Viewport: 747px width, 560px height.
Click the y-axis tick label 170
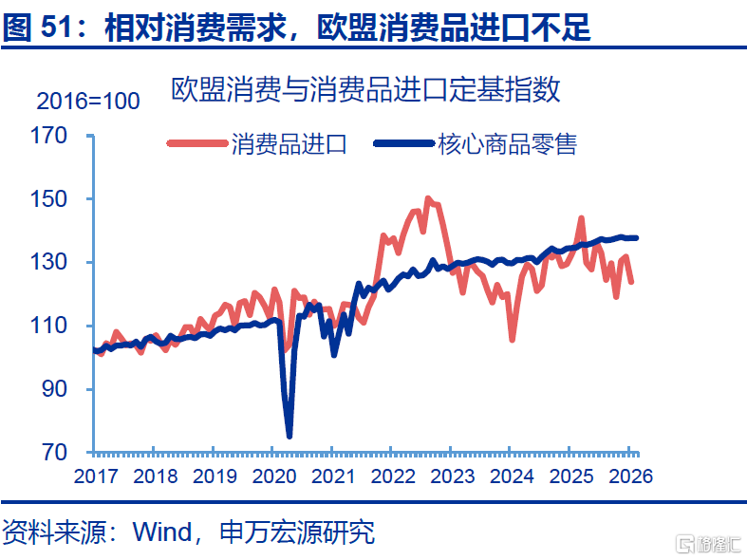coord(48,136)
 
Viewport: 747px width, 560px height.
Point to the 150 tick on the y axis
coord(48,199)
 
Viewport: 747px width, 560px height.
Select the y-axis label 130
coord(48,262)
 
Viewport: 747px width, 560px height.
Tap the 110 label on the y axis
coord(48,326)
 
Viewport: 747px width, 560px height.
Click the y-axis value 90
coord(54,389)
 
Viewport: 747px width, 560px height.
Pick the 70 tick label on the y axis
coord(54,453)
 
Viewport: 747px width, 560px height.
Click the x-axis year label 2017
coord(96,476)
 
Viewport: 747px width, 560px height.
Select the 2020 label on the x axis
coord(274,476)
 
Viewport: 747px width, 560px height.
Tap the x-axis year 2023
coord(453,476)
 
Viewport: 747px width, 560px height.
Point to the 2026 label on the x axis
coord(631,476)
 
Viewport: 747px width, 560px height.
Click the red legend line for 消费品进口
coord(197,143)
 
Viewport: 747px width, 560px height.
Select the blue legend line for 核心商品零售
coord(404,143)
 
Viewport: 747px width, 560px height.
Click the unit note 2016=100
coord(88,101)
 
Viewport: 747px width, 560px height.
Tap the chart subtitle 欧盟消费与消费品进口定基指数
coord(365,89)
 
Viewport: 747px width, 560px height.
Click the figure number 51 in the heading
coord(58,27)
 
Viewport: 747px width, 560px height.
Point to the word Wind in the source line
coord(162,532)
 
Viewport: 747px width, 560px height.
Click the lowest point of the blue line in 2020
coord(289,436)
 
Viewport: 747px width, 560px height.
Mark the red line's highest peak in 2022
coord(428,198)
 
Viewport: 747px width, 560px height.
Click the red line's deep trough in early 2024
coord(513,340)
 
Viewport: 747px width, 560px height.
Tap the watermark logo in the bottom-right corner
coord(709,544)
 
